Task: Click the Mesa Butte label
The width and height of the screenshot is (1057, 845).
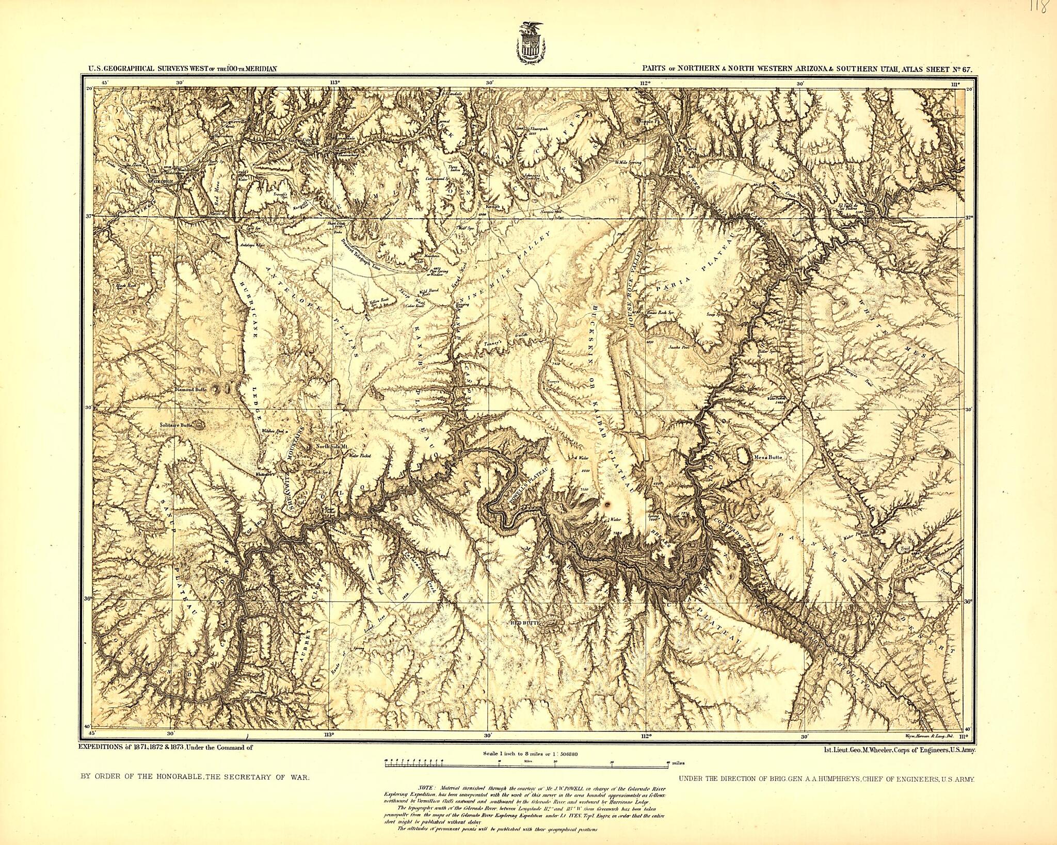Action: [767, 457]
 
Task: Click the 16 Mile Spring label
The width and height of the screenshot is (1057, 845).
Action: [628, 162]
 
